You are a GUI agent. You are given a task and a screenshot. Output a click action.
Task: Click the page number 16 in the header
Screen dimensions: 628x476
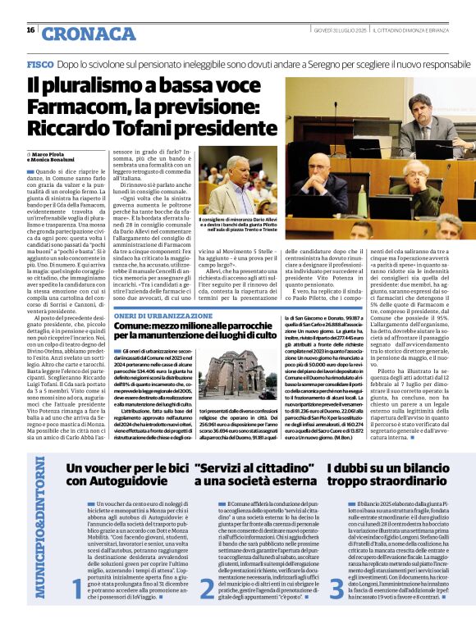(30, 30)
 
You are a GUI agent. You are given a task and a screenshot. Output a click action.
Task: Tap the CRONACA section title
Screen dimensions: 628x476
(77, 34)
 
